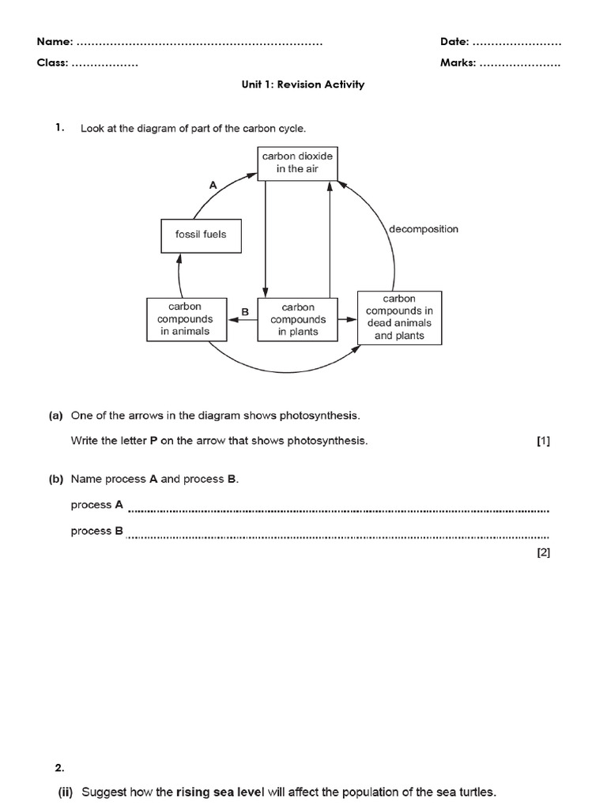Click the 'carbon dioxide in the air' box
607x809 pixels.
point(297,163)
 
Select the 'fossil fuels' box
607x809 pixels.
point(201,235)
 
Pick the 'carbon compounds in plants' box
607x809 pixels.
point(298,319)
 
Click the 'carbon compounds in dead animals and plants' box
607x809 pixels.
point(399,318)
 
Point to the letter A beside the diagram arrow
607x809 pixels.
point(213,184)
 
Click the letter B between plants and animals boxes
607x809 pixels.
point(245,312)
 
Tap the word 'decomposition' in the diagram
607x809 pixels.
point(424,229)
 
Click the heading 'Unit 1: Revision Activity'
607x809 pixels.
point(303,85)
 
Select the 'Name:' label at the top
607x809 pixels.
point(55,41)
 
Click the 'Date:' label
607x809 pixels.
point(454,41)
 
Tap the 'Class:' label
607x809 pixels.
point(53,63)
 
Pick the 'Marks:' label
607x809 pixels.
point(458,63)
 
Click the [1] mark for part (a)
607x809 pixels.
point(543,442)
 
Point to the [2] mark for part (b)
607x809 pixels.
point(543,553)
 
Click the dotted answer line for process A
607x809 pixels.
point(337,510)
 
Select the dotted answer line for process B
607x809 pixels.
point(337,537)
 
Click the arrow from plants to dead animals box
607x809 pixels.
point(347,319)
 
